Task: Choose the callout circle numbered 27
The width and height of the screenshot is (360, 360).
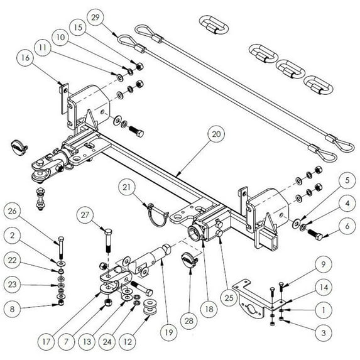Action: (x=87, y=216)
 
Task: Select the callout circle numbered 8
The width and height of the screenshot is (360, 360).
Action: (x=16, y=308)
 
